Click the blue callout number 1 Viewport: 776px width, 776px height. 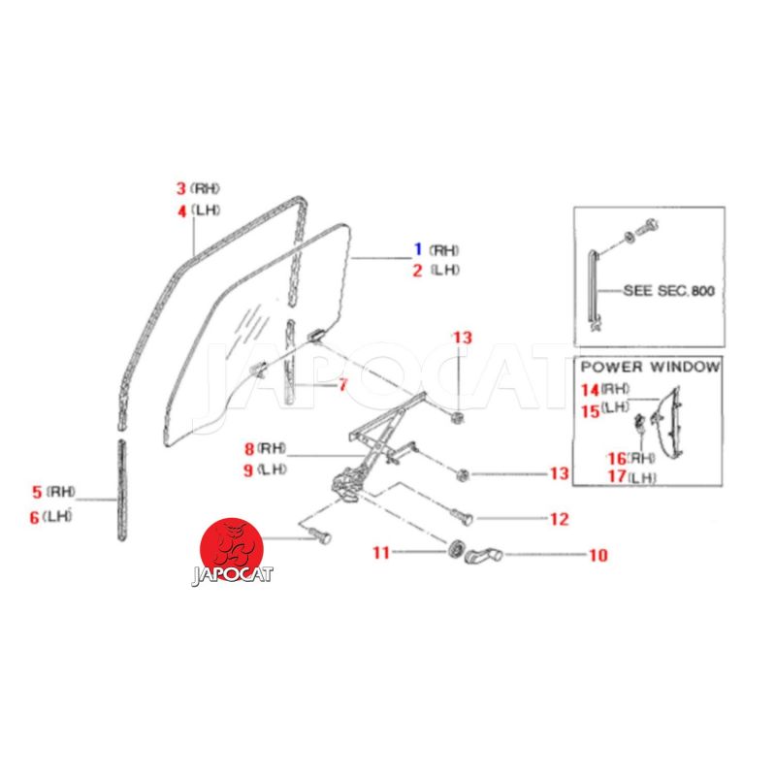418,249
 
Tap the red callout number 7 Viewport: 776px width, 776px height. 342,384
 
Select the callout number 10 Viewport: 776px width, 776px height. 598,555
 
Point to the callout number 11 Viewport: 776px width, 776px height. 381,552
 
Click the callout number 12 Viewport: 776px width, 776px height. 560,519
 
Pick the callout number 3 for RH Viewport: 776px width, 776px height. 181,188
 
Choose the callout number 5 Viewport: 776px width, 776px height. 37,492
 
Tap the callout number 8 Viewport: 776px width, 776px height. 249,449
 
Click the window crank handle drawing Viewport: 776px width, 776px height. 483,555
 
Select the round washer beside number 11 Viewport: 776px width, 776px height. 455,549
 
